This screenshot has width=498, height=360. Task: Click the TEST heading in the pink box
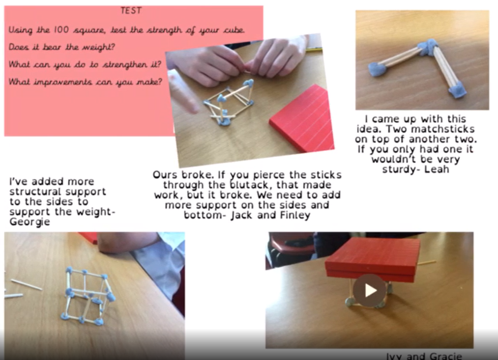(131, 11)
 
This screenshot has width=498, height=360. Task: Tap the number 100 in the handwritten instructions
(61, 30)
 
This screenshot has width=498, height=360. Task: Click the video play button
(369, 290)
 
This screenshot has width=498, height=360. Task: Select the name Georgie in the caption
(29, 222)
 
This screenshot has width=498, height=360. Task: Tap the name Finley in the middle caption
(295, 215)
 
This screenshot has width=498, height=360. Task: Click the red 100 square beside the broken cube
(302, 118)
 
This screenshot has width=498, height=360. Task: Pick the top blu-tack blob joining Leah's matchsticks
(428, 46)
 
